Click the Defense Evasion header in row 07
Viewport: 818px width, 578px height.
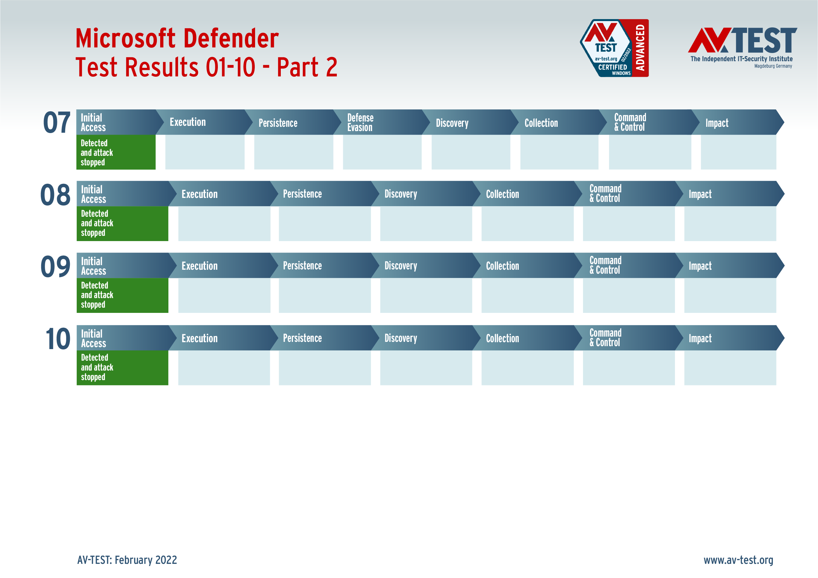[x=360, y=123]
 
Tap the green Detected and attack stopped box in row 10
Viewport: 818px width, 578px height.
[x=122, y=367]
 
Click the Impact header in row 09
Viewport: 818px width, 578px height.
[x=700, y=266]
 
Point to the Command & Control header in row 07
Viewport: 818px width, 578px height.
[x=629, y=122]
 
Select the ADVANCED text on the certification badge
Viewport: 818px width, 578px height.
[x=640, y=48]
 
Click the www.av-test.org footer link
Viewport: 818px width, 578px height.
[x=738, y=560]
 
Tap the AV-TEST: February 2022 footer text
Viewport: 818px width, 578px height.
[x=127, y=560]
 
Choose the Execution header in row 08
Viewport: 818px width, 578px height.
[x=199, y=194]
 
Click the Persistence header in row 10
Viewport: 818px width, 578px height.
[x=302, y=338]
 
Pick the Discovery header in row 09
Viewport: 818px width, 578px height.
[x=400, y=266]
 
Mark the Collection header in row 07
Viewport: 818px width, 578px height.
[x=541, y=123]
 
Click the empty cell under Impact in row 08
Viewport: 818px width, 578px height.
[x=730, y=224]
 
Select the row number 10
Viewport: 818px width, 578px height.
[x=57, y=339]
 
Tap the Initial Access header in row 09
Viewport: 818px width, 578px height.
[x=93, y=266]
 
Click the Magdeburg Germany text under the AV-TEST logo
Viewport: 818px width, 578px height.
[x=773, y=66]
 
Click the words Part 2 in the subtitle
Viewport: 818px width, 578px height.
[x=307, y=67]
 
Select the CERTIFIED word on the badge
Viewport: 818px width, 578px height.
[x=612, y=67]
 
